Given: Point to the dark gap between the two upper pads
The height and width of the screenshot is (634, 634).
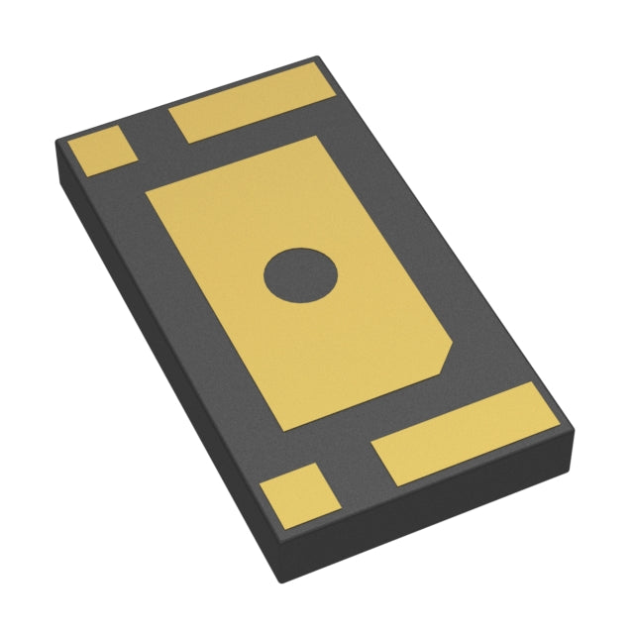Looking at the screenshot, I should point(154,134).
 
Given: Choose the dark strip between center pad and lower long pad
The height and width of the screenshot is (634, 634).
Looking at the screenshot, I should point(396,416).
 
